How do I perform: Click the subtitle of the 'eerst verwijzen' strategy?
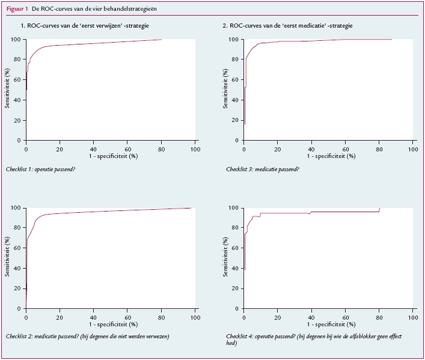(85, 26)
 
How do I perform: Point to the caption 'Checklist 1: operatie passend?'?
(49, 169)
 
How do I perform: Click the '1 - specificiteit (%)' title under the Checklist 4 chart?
(329, 323)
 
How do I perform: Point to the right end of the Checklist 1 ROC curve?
(161, 40)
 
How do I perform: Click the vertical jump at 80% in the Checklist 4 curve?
(379, 210)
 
